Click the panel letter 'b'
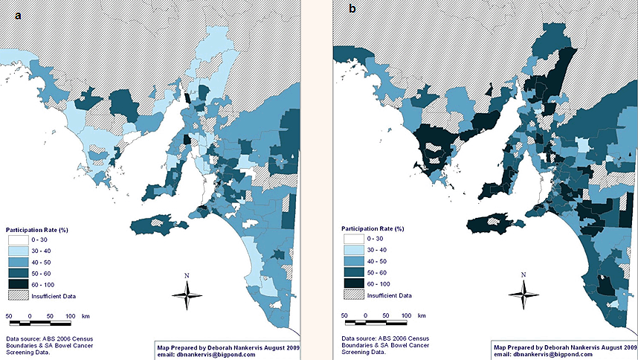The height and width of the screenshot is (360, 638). tap(352, 10)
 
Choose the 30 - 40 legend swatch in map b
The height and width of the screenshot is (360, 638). tap(353, 251)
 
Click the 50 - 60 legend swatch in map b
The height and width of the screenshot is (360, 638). tap(353, 273)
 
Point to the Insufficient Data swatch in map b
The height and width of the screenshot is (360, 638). tap(353, 296)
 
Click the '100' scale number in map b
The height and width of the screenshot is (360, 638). tap(407, 316)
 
